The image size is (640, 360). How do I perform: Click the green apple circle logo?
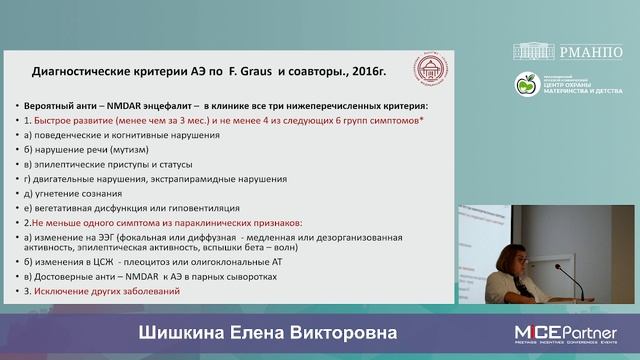coord(527,85)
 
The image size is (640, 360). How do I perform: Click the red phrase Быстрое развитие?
coord(66,119)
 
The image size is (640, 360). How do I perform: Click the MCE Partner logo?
coord(565,331)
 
